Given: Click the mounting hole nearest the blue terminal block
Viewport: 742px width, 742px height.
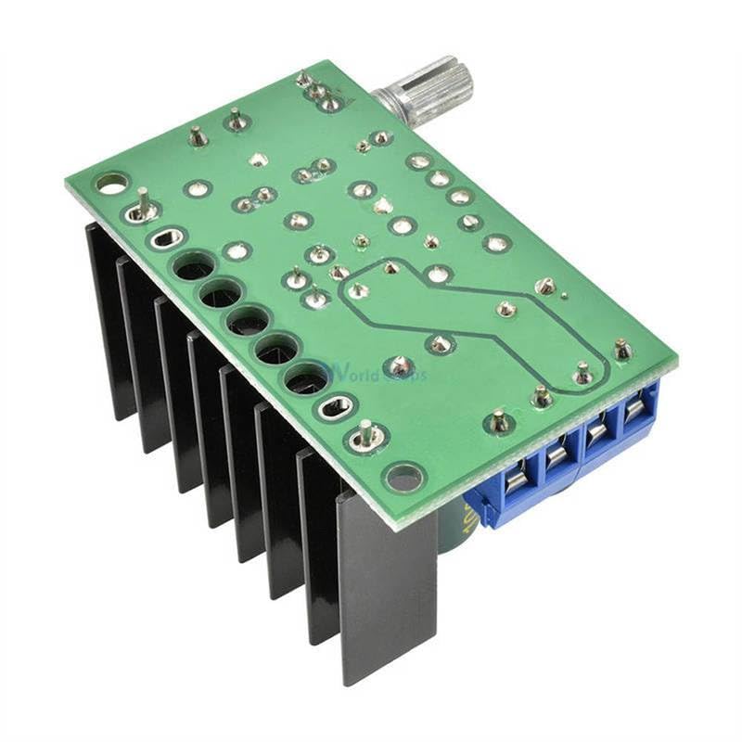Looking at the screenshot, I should pos(403,479).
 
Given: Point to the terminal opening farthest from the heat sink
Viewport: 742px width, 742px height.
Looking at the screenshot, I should pos(636,409).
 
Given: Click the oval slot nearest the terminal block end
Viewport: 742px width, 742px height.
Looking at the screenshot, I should pos(336,406).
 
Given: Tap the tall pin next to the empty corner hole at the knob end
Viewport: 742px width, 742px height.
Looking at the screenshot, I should pos(143,206).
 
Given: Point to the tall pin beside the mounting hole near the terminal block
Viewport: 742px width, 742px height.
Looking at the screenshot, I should pos(366,436).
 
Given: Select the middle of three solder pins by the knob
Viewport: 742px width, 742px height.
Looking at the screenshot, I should pos(316,91).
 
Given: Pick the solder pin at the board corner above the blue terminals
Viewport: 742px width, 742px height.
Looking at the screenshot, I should pos(622,351).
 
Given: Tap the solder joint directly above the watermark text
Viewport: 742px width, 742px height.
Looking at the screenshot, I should pos(399,365).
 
